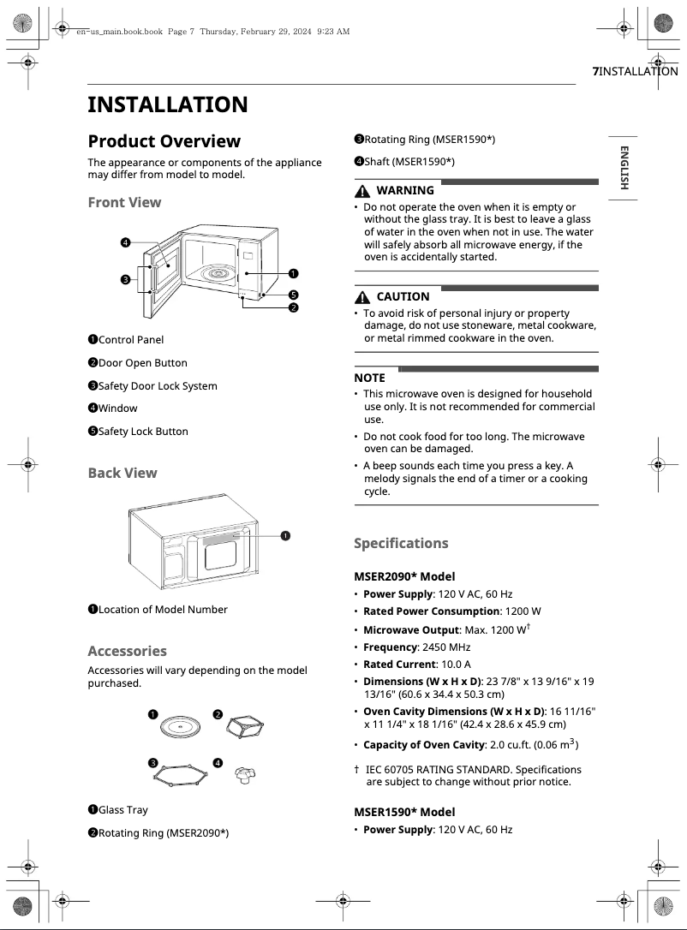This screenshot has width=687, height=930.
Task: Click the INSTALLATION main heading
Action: coord(168,105)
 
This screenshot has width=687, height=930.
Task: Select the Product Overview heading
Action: coord(164,141)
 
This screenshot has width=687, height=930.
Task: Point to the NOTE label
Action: coord(370,378)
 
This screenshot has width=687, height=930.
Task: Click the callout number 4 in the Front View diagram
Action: coord(125,243)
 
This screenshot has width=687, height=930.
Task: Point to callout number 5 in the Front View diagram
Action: coord(293,295)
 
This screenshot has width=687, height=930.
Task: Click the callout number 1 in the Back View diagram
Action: coord(284,535)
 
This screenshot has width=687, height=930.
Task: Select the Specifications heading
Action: coord(401,543)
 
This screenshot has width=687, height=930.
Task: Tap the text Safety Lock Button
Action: coord(143,432)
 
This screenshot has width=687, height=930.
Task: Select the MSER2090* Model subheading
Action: coord(404,576)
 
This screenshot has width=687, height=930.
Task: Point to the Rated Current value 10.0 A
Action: coord(455,664)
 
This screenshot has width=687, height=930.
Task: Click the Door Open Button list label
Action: coord(142,363)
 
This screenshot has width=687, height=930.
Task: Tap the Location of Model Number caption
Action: coord(163,610)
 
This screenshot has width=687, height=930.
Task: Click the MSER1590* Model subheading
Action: coord(404,812)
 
